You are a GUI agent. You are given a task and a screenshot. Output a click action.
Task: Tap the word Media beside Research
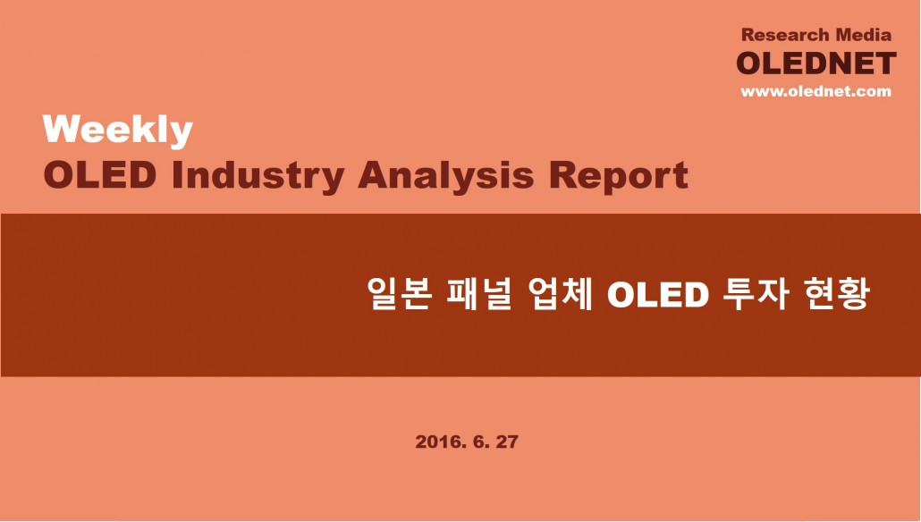coord(864,35)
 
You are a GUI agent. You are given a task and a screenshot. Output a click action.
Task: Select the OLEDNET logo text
coord(816,63)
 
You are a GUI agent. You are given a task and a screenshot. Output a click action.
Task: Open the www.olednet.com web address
coord(815,91)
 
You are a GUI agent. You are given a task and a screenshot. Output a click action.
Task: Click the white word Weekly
coord(117,130)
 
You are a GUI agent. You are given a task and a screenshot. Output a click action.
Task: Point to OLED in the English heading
coord(100,174)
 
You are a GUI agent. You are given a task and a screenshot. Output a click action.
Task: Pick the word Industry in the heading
coord(258,177)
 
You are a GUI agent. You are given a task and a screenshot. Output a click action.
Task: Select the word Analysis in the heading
coord(446,177)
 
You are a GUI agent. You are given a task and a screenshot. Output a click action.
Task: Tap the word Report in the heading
coord(619,177)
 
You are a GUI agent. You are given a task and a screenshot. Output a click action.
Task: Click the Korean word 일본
coord(400,293)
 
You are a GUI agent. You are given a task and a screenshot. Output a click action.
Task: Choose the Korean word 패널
coord(479,293)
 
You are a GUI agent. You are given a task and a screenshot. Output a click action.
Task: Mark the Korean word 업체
coord(559,293)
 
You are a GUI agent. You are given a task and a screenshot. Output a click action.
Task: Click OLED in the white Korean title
coord(657,295)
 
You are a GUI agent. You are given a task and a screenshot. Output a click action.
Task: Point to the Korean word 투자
coord(755,293)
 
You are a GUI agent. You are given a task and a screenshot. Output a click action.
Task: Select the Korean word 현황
coord(835,293)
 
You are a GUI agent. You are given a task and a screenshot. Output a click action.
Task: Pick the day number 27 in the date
coord(508,442)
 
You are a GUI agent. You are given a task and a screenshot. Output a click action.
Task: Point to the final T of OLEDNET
coord(884,63)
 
